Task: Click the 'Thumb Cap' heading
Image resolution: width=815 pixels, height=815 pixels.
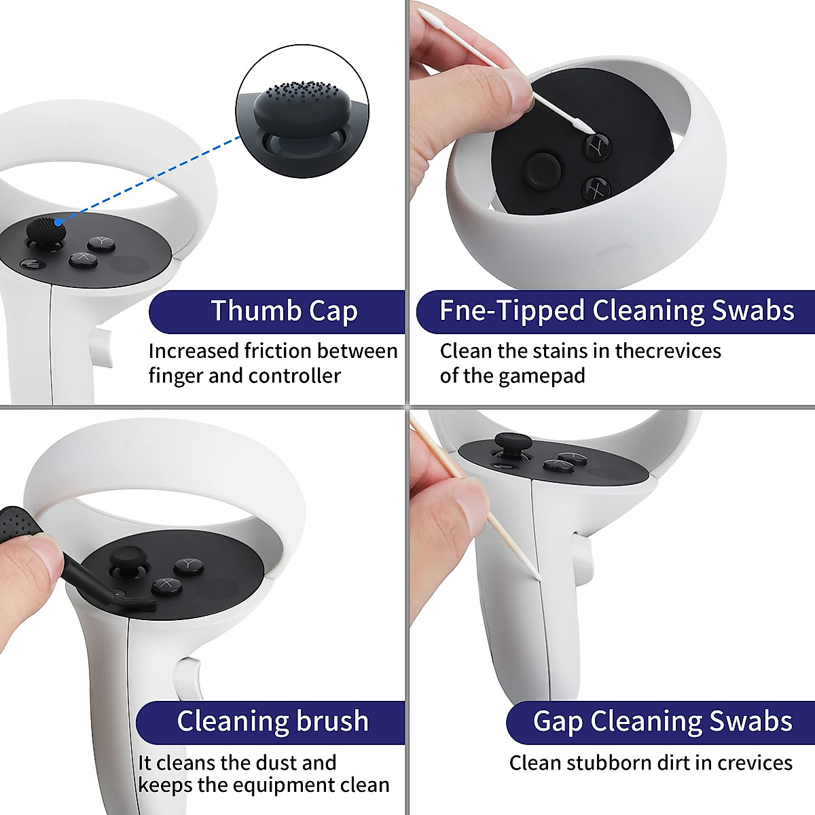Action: (284, 311)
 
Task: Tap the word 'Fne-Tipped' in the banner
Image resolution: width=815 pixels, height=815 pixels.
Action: (511, 310)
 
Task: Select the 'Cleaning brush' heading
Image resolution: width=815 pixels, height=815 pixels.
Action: (272, 721)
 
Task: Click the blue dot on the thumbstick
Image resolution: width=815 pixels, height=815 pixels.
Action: (59, 221)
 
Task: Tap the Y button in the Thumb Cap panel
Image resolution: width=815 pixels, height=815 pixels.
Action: (102, 242)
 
